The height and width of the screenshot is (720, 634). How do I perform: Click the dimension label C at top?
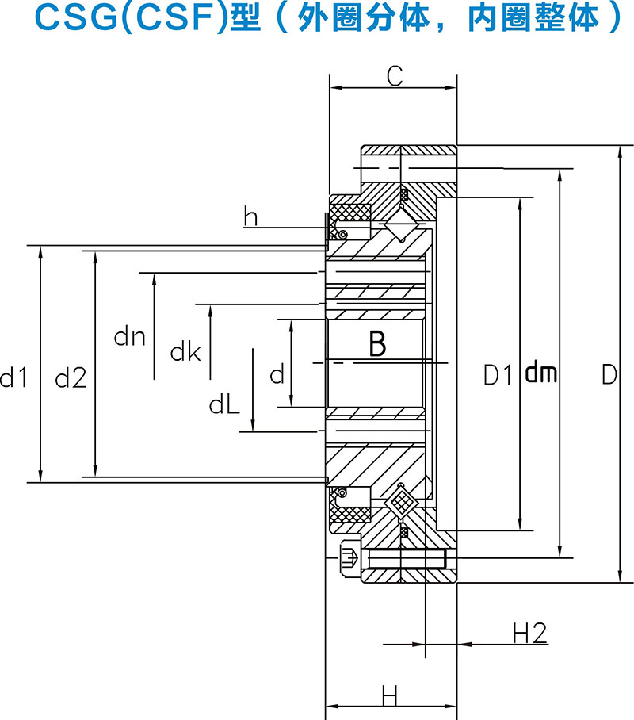tap(395, 76)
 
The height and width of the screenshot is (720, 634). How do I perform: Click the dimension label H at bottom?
tap(390, 696)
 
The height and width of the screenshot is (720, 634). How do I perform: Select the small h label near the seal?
tap(251, 216)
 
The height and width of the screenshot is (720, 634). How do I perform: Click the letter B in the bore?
tap(377, 344)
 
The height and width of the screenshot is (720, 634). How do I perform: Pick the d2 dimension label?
tap(70, 379)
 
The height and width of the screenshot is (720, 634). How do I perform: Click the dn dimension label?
tap(129, 337)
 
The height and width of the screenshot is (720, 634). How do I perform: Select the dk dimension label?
tap(185, 352)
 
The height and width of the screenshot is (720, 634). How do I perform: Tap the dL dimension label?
tap(224, 405)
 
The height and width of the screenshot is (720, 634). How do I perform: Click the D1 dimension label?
tap(499, 374)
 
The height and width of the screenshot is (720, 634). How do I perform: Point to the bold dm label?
tap(541, 373)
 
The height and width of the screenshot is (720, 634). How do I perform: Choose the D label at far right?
tap(608, 374)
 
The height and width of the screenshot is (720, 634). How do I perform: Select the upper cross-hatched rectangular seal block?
tap(350, 213)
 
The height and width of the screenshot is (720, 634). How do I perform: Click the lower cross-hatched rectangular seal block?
tap(350, 513)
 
